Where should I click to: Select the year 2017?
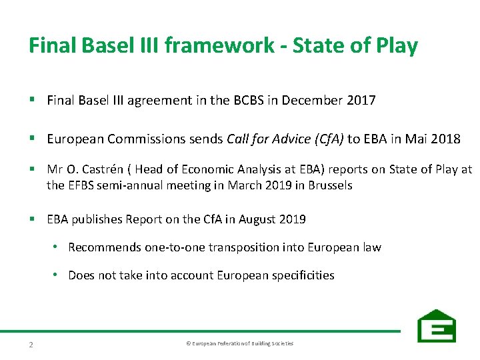[x=361, y=101]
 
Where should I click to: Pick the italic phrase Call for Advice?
[x=265, y=139]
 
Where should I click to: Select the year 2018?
[x=446, y=139]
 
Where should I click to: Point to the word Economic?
[x=217, y=170]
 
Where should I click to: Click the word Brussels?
[x=329, y=185]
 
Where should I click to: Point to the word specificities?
[x=303, y=275]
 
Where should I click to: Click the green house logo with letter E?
[x=437, y=326]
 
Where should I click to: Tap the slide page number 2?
[x=31, y=344]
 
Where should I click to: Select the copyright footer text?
[x=239, y=343]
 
